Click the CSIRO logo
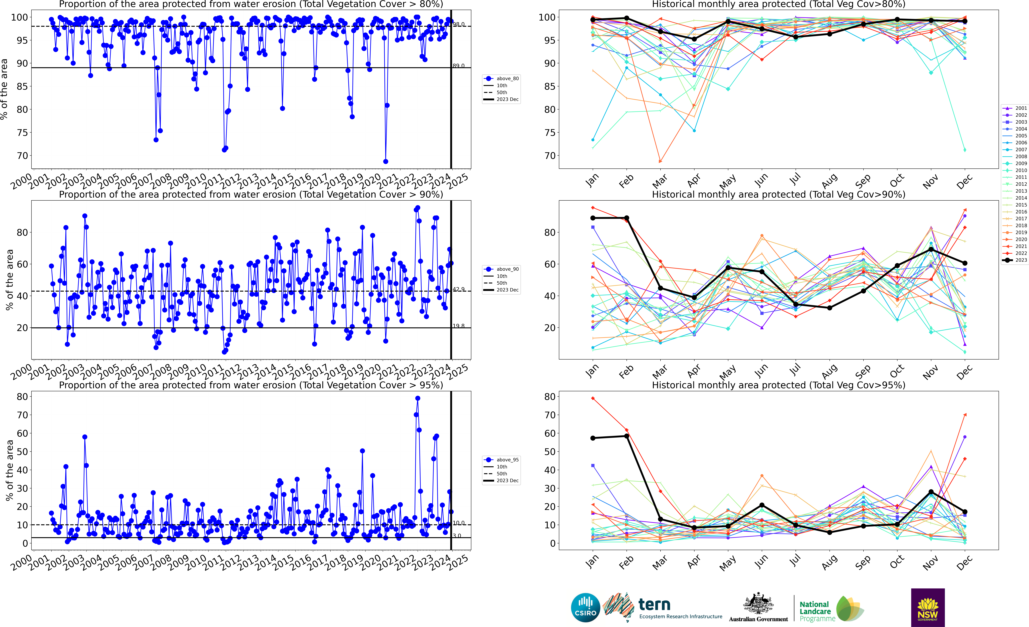(585, 607)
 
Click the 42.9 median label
(459, 289)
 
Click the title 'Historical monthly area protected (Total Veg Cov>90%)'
(778, 195)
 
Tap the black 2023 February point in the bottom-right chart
(626, 436)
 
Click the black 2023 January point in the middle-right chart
(593, 218)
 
